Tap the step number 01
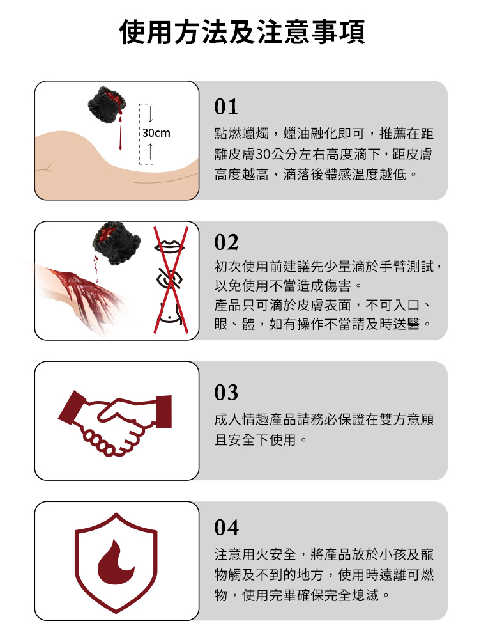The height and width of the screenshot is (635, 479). click(x=227, y=106)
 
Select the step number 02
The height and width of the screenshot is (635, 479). click(x=227, y=243)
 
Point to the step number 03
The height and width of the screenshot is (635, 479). click(x=227, y=392)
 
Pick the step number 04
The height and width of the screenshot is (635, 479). click(x=227, y=528)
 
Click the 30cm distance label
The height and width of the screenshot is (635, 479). click(x=156, y=134)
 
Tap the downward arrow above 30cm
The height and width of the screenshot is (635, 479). click(x=149, y=115)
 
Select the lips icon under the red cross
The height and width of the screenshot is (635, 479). click(x=169, y=246)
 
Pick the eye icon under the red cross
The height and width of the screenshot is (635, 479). click(x=169, y=281)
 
